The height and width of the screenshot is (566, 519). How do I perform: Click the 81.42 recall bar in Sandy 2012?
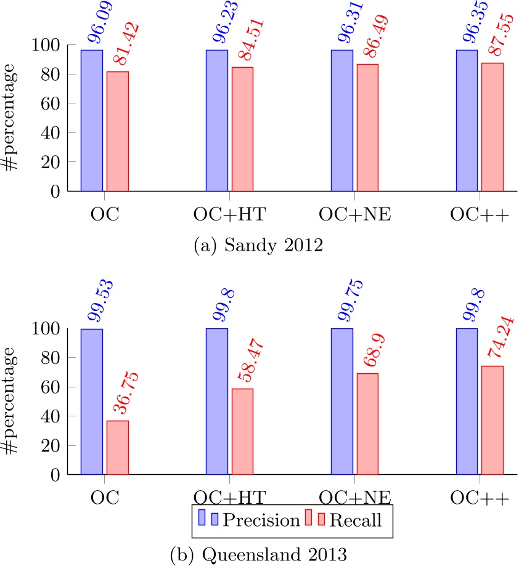click(117, 131)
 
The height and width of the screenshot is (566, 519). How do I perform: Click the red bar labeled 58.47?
click(242, 432)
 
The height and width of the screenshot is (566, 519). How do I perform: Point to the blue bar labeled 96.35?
click(467, 120)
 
